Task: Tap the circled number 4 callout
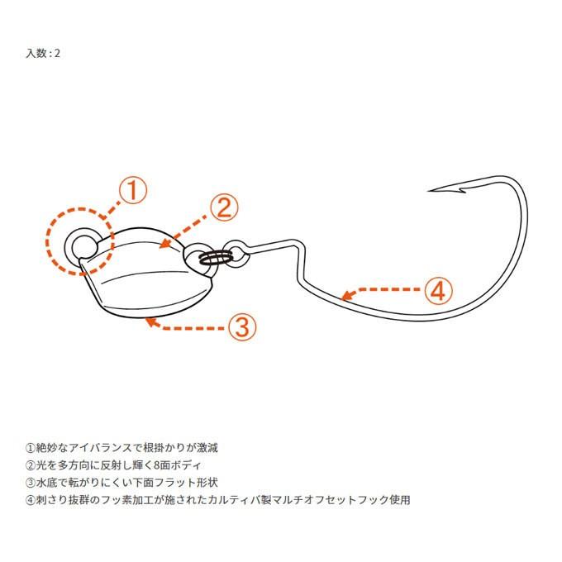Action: pyautogui.click(x=439, y=291)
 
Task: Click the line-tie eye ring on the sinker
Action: pyautogui.click(x=83, y=245)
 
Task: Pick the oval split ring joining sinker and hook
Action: pyautogui.click(x=216, y=258)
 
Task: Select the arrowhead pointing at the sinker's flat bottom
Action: pyautogui.click(x=148, y=321)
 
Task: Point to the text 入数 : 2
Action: pyautogui.click(x=43, y=53)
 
